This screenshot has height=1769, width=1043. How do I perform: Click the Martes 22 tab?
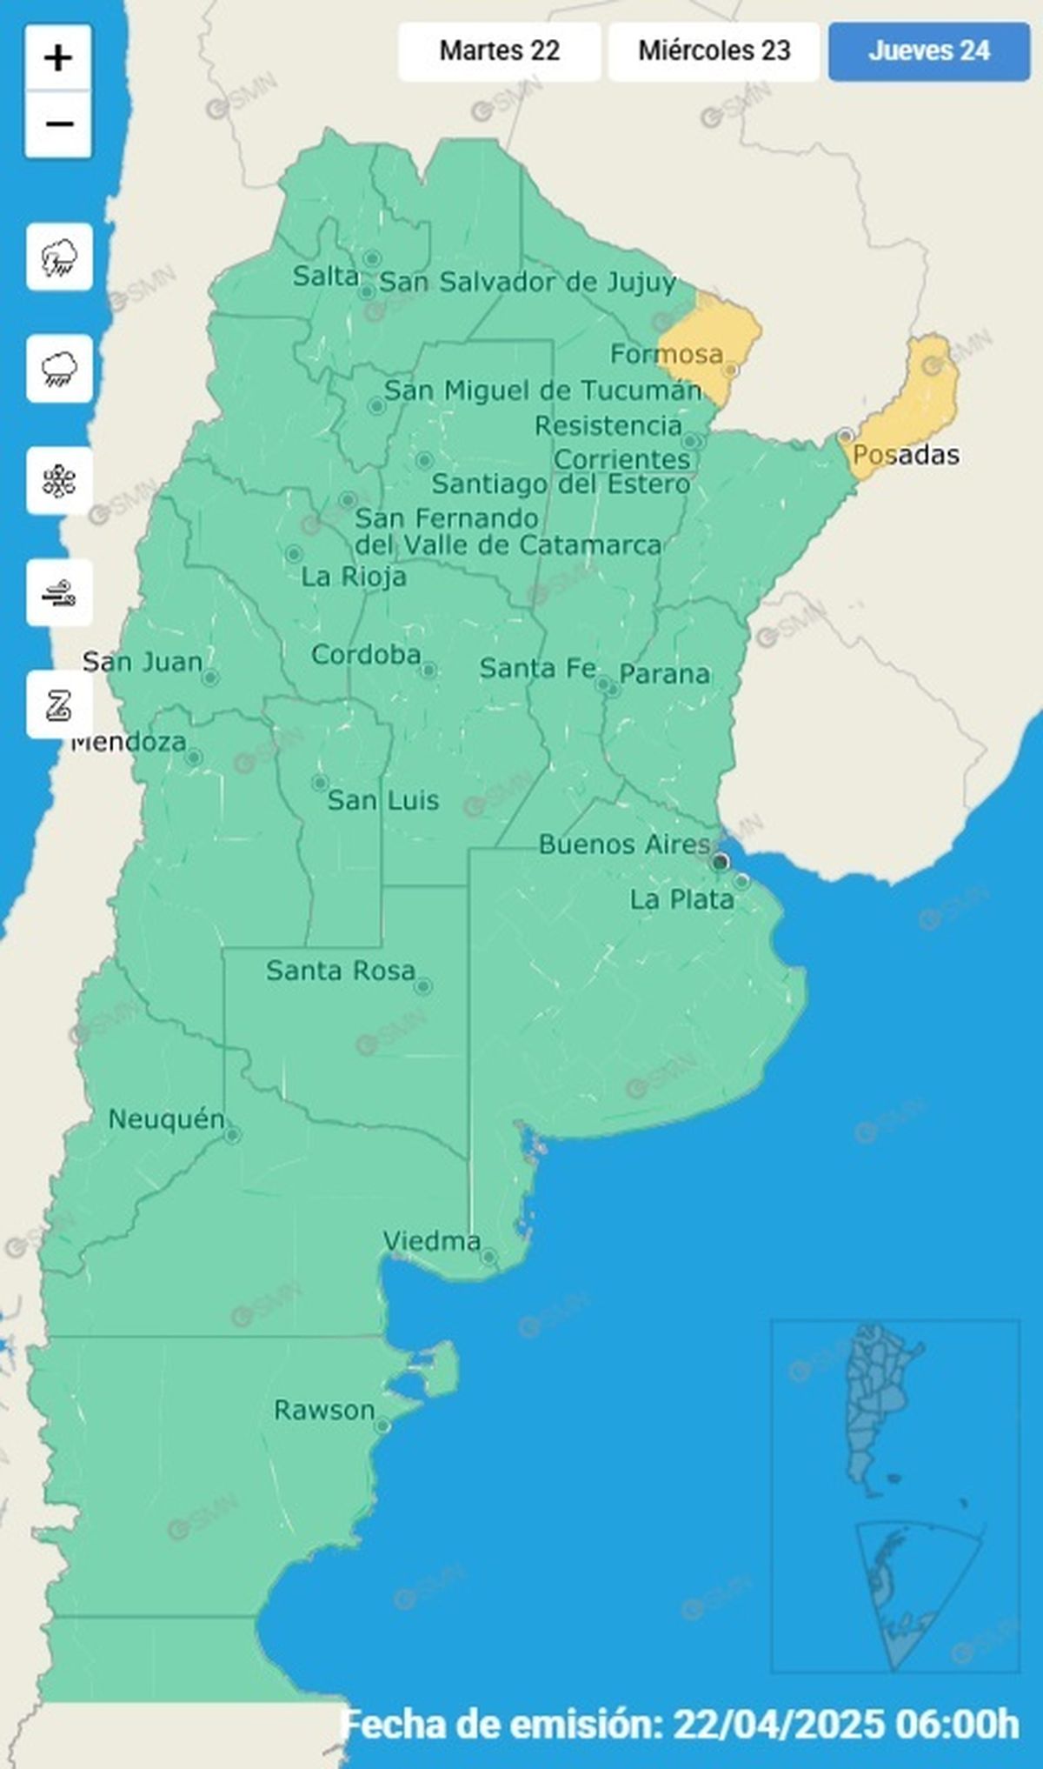[x=499, y=51]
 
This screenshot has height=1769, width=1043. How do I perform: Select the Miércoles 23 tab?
[x=714, y=51]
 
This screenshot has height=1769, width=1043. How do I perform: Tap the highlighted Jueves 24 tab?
[x=928, y=51]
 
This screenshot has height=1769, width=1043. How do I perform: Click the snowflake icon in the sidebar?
[x=59, y=481]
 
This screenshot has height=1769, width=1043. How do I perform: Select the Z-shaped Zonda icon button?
[x=59, y=704]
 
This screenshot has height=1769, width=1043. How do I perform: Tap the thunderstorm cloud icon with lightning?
[x=59, y=257]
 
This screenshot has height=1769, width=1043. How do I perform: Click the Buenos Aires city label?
[x=624, y=844]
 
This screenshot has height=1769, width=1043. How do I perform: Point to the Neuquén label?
[x=166, y=1120]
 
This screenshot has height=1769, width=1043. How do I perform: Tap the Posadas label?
[x=906, y=455]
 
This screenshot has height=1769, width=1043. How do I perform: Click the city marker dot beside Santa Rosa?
[x=423, y=986]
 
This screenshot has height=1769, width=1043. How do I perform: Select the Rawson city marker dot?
[x=382, y=1426]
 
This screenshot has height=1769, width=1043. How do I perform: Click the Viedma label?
[x=432, y=1242]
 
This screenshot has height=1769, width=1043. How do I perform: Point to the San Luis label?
[x=383, y=801]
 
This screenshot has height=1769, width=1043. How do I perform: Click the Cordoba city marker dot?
[x=428, y=670]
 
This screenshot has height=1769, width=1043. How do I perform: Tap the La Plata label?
[x=682, y=900]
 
